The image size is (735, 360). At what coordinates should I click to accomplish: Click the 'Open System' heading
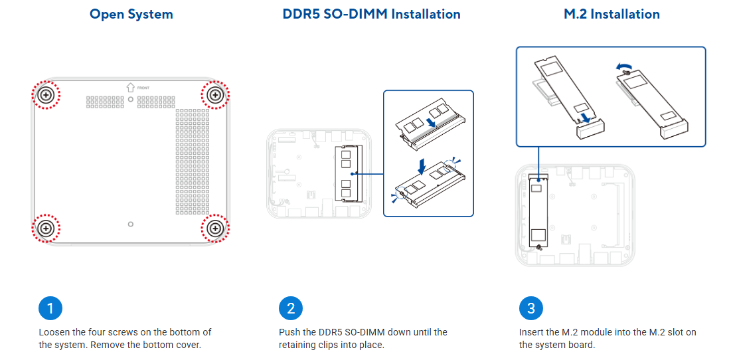tap(131, 14)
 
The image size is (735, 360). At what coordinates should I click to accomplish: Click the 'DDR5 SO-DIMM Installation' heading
tap(371, 14)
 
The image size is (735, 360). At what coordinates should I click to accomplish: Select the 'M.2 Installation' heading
tap(612, 14)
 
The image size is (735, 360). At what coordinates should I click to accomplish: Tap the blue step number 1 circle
tap(50, 308)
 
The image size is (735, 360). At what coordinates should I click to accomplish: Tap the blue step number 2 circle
tap(291, 308)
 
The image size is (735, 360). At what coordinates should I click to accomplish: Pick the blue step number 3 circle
tap(531, 308)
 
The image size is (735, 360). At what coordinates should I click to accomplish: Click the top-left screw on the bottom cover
tap(46, 95)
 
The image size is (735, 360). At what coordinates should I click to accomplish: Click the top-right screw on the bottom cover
tap(215, 95)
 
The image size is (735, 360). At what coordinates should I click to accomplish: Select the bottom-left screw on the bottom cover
tap(46, 228)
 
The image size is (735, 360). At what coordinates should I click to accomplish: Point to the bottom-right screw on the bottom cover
tap(215, 228)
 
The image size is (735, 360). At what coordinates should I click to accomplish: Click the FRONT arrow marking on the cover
tap(131, 87)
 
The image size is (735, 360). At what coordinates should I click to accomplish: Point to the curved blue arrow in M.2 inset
tap(623, 65)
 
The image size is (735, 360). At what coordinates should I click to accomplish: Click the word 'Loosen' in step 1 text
tap(53, 332)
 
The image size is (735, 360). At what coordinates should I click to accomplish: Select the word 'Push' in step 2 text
tap(289, 332)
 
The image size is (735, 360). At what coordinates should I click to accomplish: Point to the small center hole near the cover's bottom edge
tap(130, 224)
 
